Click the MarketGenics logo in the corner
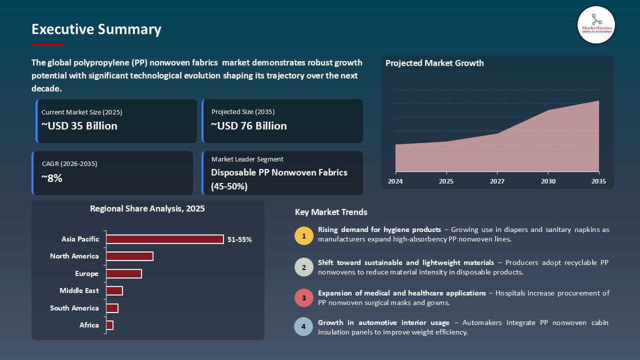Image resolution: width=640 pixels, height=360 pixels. (596, 24)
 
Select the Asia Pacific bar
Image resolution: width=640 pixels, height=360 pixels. (164, 239)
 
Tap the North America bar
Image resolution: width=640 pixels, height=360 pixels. (129, 256)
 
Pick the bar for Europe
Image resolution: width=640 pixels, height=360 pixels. (123, 273)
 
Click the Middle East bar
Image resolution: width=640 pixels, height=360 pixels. (114, 290)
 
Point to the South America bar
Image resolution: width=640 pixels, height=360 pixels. (112, 308)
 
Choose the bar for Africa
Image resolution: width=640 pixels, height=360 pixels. (109, 325)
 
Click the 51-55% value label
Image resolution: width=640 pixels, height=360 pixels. (239, 239)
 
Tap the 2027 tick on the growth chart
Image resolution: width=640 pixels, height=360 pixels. (497, 181)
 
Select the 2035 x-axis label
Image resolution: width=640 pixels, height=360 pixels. (598, 181)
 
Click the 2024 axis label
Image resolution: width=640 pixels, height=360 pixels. (395, 181)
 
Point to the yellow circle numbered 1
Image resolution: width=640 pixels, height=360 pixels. (303, 235)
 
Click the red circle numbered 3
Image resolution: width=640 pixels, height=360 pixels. (303, 298)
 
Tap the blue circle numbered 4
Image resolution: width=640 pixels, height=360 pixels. (303, 327)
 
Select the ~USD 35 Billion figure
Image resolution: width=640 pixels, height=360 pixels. (79, 126)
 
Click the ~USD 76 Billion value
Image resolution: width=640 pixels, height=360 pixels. (249, 126)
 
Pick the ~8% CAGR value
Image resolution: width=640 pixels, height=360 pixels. (52, 178)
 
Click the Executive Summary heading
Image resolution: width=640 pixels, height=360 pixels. (96, 29)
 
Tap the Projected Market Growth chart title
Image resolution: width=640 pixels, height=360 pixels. (434, 63)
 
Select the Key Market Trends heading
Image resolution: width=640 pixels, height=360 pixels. (331, 212)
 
